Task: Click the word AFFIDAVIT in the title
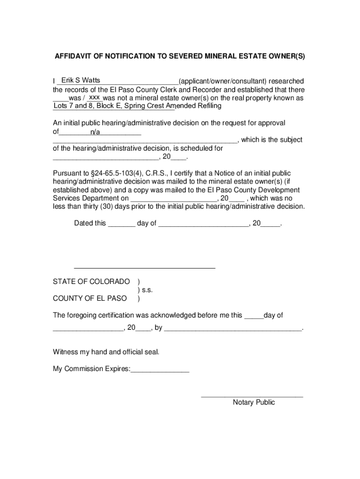pos(72,57)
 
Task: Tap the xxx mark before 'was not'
pos(94,97)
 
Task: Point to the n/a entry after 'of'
pos(95,132)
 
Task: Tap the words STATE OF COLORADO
pos(91,282)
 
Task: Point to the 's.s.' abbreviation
pos(147,290)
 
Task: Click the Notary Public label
pos(254,402)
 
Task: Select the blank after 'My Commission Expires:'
pos(160,370)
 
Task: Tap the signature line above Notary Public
pos(252,396)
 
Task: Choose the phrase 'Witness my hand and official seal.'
pos(106,352)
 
